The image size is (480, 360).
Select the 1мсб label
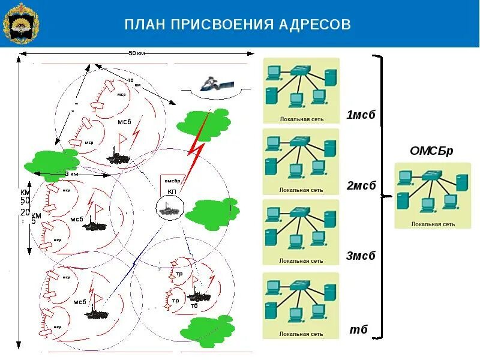[360, 115]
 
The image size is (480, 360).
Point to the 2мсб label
[361, 185]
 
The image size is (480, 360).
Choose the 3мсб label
[360, 256]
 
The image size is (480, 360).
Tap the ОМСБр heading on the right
[431, 151]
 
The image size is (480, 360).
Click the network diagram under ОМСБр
[432, 196]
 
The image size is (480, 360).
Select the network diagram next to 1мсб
[301, 91]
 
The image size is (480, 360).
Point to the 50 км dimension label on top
[137, 53]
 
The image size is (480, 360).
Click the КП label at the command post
[172, 191]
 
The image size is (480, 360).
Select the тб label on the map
[194, 306]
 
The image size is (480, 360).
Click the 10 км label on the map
[133, 83]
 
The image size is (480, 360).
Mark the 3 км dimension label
[71, 174]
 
